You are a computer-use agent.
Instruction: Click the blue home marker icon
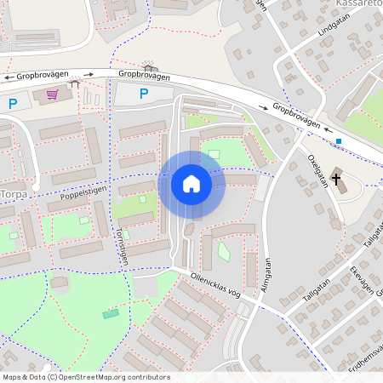(191, 184)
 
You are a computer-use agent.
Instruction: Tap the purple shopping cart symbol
(52, 94)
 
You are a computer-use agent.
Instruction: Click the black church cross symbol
(337, 180)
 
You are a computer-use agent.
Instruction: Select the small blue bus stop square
(339, 141)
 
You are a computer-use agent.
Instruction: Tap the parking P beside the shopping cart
(13, 104)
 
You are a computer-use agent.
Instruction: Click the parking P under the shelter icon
(144, 94)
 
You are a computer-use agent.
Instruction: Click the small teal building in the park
(111, 314)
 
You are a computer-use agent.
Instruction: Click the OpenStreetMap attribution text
(85, 377)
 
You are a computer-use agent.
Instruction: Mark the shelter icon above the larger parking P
(151, 68)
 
